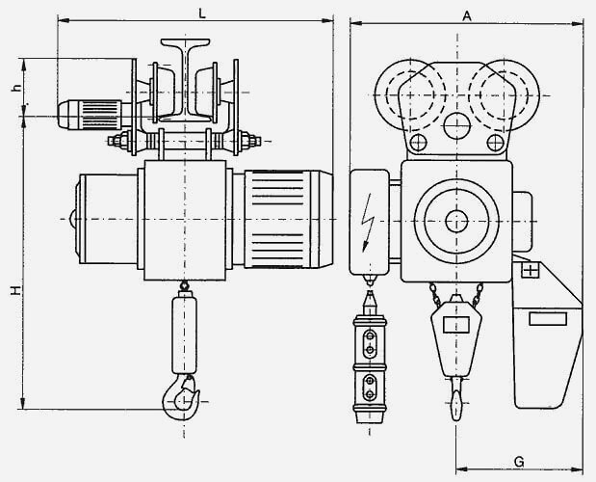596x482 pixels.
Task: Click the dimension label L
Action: (202, 13)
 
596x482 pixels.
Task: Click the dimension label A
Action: (467, 16)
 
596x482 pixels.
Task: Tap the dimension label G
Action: (519, 462)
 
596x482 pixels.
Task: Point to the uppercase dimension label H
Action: (15, 290)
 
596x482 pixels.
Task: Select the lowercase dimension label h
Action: (15, 88)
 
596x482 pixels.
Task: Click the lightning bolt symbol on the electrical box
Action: (367, 222)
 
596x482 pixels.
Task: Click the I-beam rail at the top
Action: (185, 79)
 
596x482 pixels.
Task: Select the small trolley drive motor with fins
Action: (90, 115)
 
